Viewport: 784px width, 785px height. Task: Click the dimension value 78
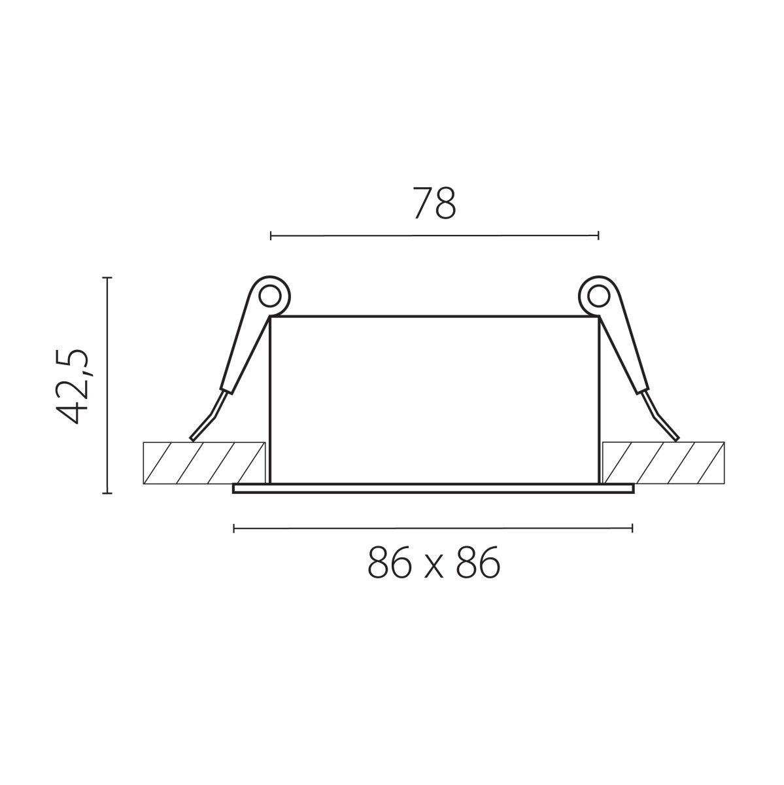(x=435, y=203)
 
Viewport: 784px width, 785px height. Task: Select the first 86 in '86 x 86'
(x=389, y=562)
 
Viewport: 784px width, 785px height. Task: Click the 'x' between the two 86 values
(x=434, y=567)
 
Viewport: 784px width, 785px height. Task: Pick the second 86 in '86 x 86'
(x=478, y=562)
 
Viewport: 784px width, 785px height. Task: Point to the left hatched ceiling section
(x=204, y=462)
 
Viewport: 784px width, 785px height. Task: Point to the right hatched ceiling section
(x=664, y=462)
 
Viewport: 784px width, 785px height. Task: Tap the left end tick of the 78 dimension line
(x=271, y=235)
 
